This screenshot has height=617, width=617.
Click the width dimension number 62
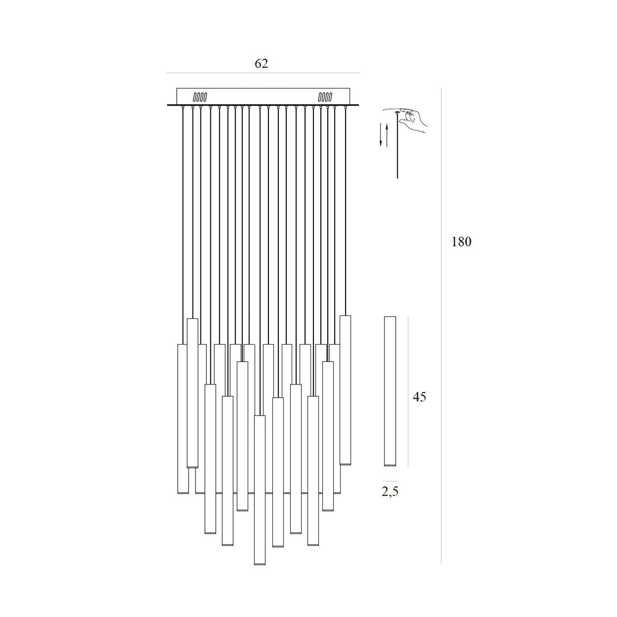coord(261,63)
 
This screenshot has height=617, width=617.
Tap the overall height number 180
coord(461,242)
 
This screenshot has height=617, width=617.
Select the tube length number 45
coord(419,397)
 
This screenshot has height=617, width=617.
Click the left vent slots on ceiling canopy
coord(200,97)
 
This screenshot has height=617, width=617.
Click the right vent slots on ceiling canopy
coord(325,97)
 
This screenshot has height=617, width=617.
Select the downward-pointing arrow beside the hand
coord(381,135)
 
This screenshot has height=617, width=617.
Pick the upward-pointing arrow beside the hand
coord(387,135)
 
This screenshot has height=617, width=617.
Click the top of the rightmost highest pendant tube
coord(345,316)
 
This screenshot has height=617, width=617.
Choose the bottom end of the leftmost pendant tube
coord(183,494)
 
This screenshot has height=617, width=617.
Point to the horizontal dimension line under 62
coord(263,73)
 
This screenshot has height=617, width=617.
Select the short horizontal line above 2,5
coord(389,481)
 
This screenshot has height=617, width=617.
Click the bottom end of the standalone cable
coord(397,178)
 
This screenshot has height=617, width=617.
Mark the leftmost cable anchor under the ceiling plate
coord(183,107)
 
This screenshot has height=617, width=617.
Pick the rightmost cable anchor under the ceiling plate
coord(346,107)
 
